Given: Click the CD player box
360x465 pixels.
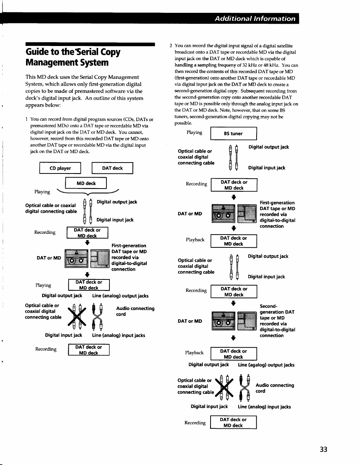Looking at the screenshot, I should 60,168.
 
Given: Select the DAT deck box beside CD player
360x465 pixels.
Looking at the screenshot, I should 112,168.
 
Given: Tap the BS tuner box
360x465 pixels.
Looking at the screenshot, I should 233,134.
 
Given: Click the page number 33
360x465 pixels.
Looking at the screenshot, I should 323,449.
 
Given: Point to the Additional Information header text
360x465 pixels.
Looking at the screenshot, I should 255,18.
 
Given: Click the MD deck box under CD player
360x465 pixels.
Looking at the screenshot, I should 86,183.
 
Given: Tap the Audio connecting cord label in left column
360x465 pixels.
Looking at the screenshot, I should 135,311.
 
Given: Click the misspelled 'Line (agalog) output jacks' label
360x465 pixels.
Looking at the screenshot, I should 266,365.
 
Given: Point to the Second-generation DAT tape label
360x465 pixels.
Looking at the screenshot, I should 277,321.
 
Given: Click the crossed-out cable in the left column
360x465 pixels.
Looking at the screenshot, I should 77,316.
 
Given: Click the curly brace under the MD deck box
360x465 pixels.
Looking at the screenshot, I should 88,192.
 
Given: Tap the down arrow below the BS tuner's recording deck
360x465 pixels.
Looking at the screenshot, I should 234,197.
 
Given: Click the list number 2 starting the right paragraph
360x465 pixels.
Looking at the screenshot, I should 171,46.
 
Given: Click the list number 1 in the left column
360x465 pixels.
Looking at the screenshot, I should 27,119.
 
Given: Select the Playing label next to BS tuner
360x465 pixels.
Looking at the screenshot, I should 194,132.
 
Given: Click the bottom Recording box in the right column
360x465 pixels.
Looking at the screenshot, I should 233,422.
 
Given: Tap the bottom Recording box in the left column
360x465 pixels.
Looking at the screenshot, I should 89,350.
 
